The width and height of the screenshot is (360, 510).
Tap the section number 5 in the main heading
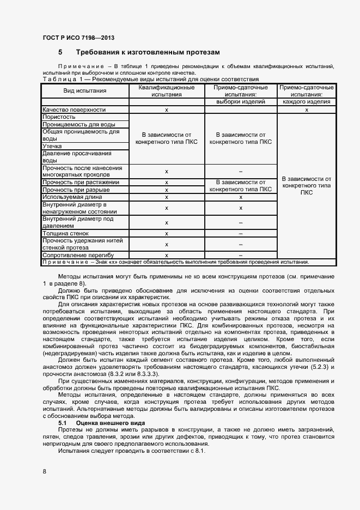[60, 52]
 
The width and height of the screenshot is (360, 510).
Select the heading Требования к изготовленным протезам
[148, 52]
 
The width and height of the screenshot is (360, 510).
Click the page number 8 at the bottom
[44, 470]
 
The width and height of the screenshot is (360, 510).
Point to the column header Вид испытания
[84, 91]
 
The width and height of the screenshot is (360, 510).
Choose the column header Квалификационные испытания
[166, 90]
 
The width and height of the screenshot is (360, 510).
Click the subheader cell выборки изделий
[240, 101]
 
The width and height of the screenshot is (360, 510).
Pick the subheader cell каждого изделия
[306, 101]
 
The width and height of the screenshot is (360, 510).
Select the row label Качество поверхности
[70, 110]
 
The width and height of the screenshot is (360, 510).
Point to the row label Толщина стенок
[65, 233]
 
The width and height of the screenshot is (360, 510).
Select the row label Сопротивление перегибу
[77, 255]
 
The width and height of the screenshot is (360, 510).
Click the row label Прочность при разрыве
[76, 190]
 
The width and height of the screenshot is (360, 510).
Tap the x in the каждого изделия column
[306, 110]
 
